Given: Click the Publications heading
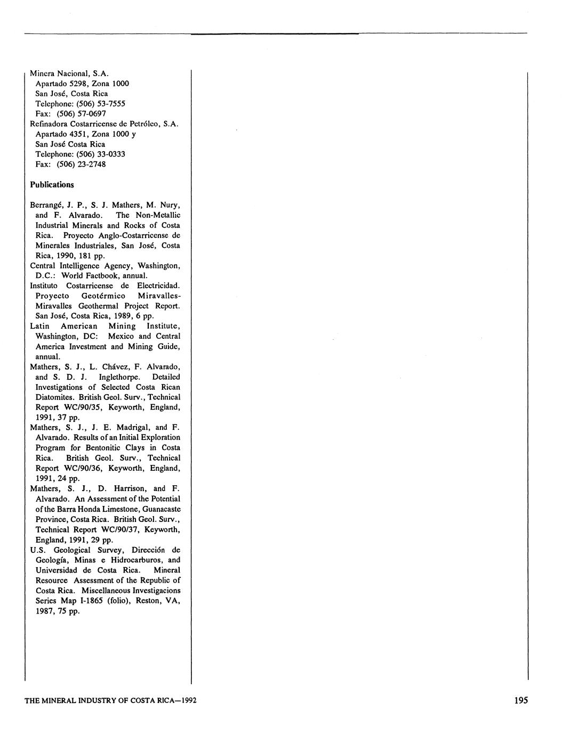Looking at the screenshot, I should pyautogui.click(x=52, y=185).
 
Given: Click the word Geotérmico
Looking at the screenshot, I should pyautogui.click(x=104, y=296).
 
